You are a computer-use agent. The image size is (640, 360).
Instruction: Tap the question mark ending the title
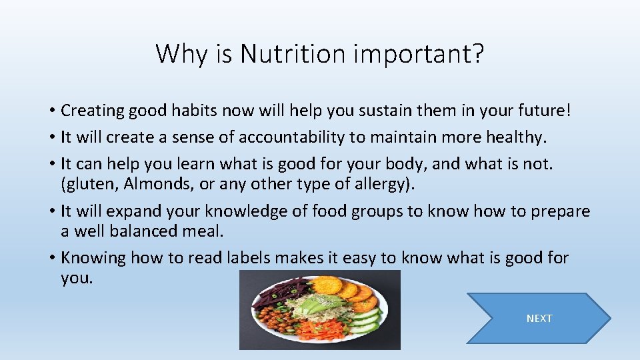click(476, 54)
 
